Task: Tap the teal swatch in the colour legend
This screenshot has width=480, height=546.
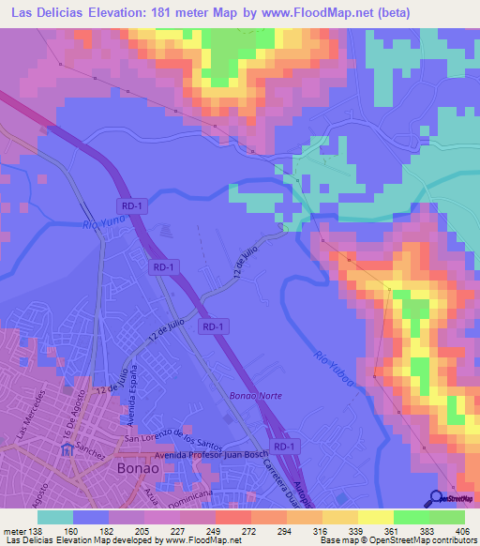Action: coord(55,517)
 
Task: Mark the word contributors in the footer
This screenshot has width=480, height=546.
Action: coord(449,541)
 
